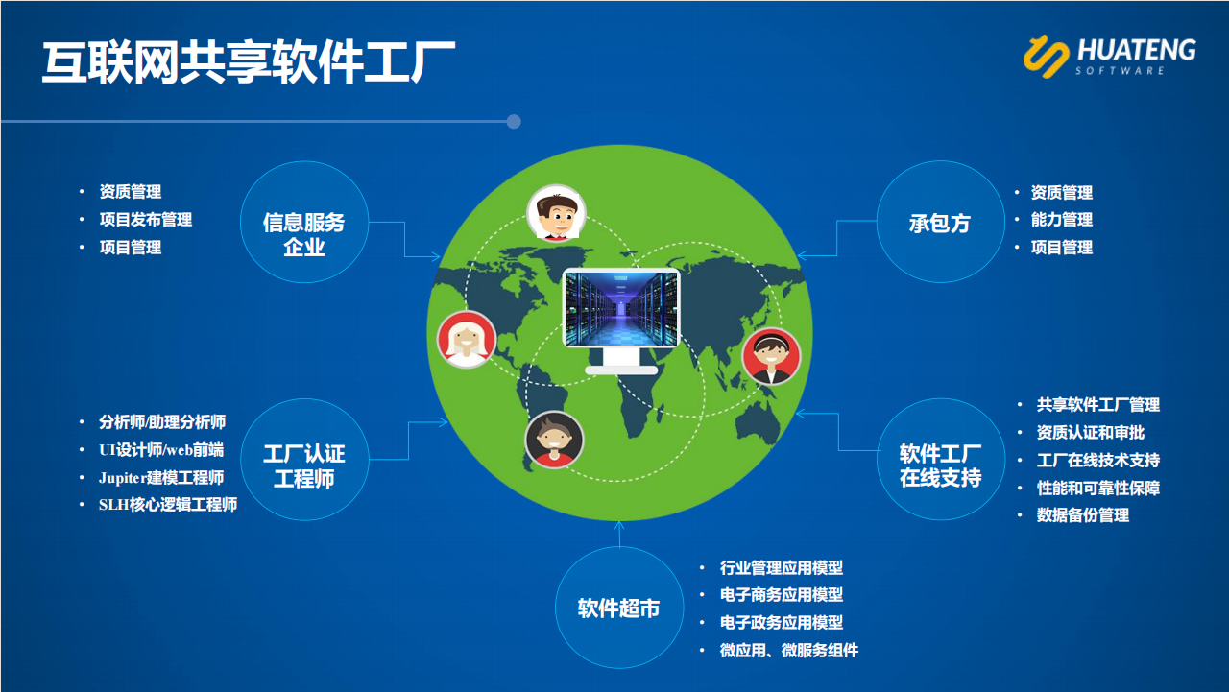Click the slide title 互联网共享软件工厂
[249, 61]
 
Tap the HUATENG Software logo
[1109, 56]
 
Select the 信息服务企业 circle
[304, 222]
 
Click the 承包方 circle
[940, 222]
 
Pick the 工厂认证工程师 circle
[304, 460]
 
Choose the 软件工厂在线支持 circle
[940, 460]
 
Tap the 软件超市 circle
[619, 608]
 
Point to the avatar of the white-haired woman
[467, 339]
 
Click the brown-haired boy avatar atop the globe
[556, 214]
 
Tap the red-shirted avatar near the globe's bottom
[554, 440]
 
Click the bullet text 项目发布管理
[146, 220]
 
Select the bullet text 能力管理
[1062, 220]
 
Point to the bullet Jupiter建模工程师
[161, 478]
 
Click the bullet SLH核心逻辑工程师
[168, 505]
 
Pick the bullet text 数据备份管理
[1082, 514]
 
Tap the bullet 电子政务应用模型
[782, 622]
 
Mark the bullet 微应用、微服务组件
[789, 651]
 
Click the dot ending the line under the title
[514, 121]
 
